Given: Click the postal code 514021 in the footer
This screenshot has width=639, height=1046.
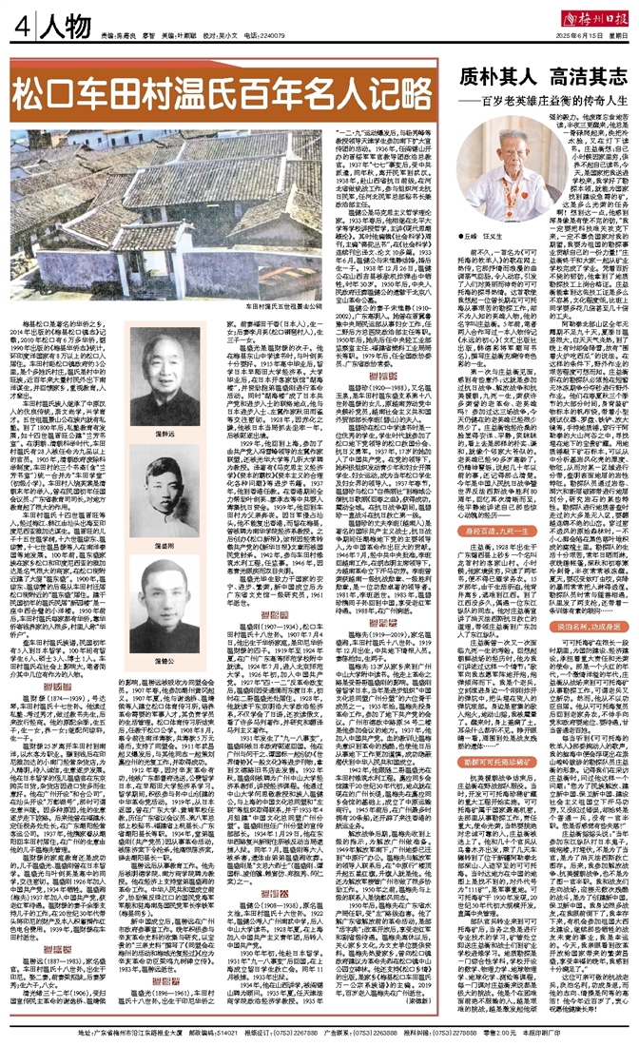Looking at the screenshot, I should [171, 1033].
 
